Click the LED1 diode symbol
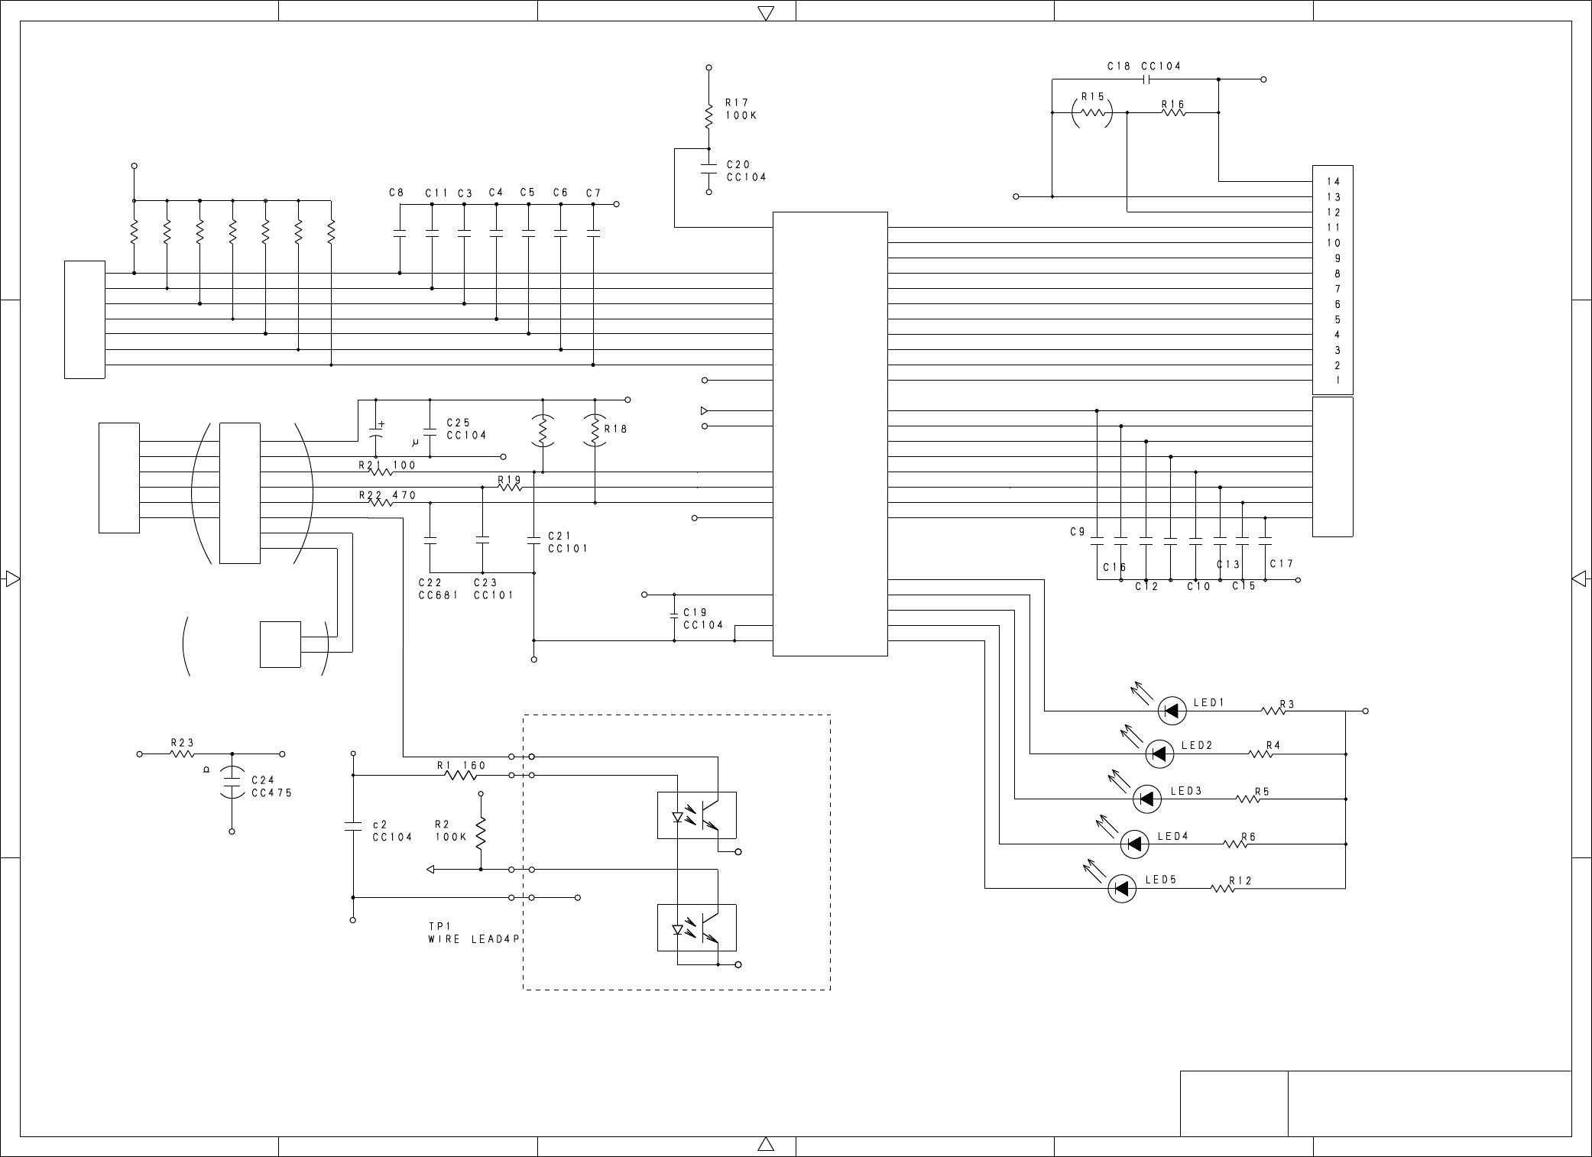(x=1172, y=711)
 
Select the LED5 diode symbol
(x=1122, y=888)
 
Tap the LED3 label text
(x=1186, y=791)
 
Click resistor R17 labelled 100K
(x=708, y=116)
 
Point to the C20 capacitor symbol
(x=708, y=170)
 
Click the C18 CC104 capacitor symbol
(x=1146, y=79)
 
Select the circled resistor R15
(x=1091, y=112)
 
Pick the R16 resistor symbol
(x=1173, y=112)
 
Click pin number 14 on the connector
(x=1333, y=181)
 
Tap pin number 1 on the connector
(x=1337, y=380)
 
